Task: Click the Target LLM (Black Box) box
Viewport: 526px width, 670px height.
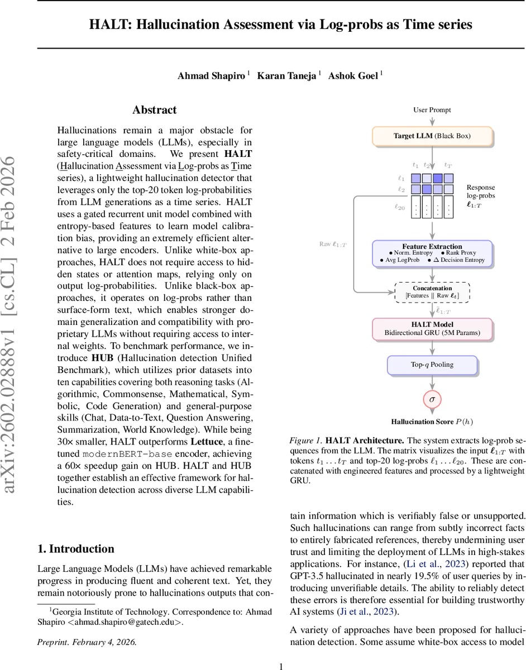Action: pyautogui.click(x=432, y=136)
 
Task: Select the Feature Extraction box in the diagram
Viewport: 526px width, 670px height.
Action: pyautogui.click(x=432, y=253)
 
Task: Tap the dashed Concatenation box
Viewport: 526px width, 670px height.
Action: pyautogui.click(x=432, y=292)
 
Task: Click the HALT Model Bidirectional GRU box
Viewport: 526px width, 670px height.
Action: pyautogui.click(x=432, y=329)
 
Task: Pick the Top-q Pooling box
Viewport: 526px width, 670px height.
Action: pyautogui.click(x=432, y=365)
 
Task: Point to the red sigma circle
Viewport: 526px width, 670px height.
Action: pyautogui.click(x=432, y=400)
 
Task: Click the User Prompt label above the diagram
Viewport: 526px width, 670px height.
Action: pyautogui.click(x=432, y=110)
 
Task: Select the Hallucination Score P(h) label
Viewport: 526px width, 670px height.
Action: pyautogui.click(x=432, y=422)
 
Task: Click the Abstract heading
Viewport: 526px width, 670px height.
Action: pyautogui.click(x=154, y=110)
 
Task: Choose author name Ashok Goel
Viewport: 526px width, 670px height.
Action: pyautogui.click(x=353, y=76)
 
